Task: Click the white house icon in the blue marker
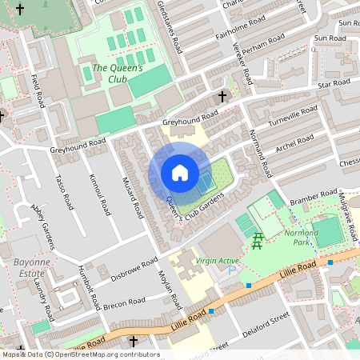point(180,172)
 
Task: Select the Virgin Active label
point(218,260)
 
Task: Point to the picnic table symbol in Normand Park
point(258,240)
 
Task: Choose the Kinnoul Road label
point(101,194)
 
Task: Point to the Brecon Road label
point(125,303)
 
